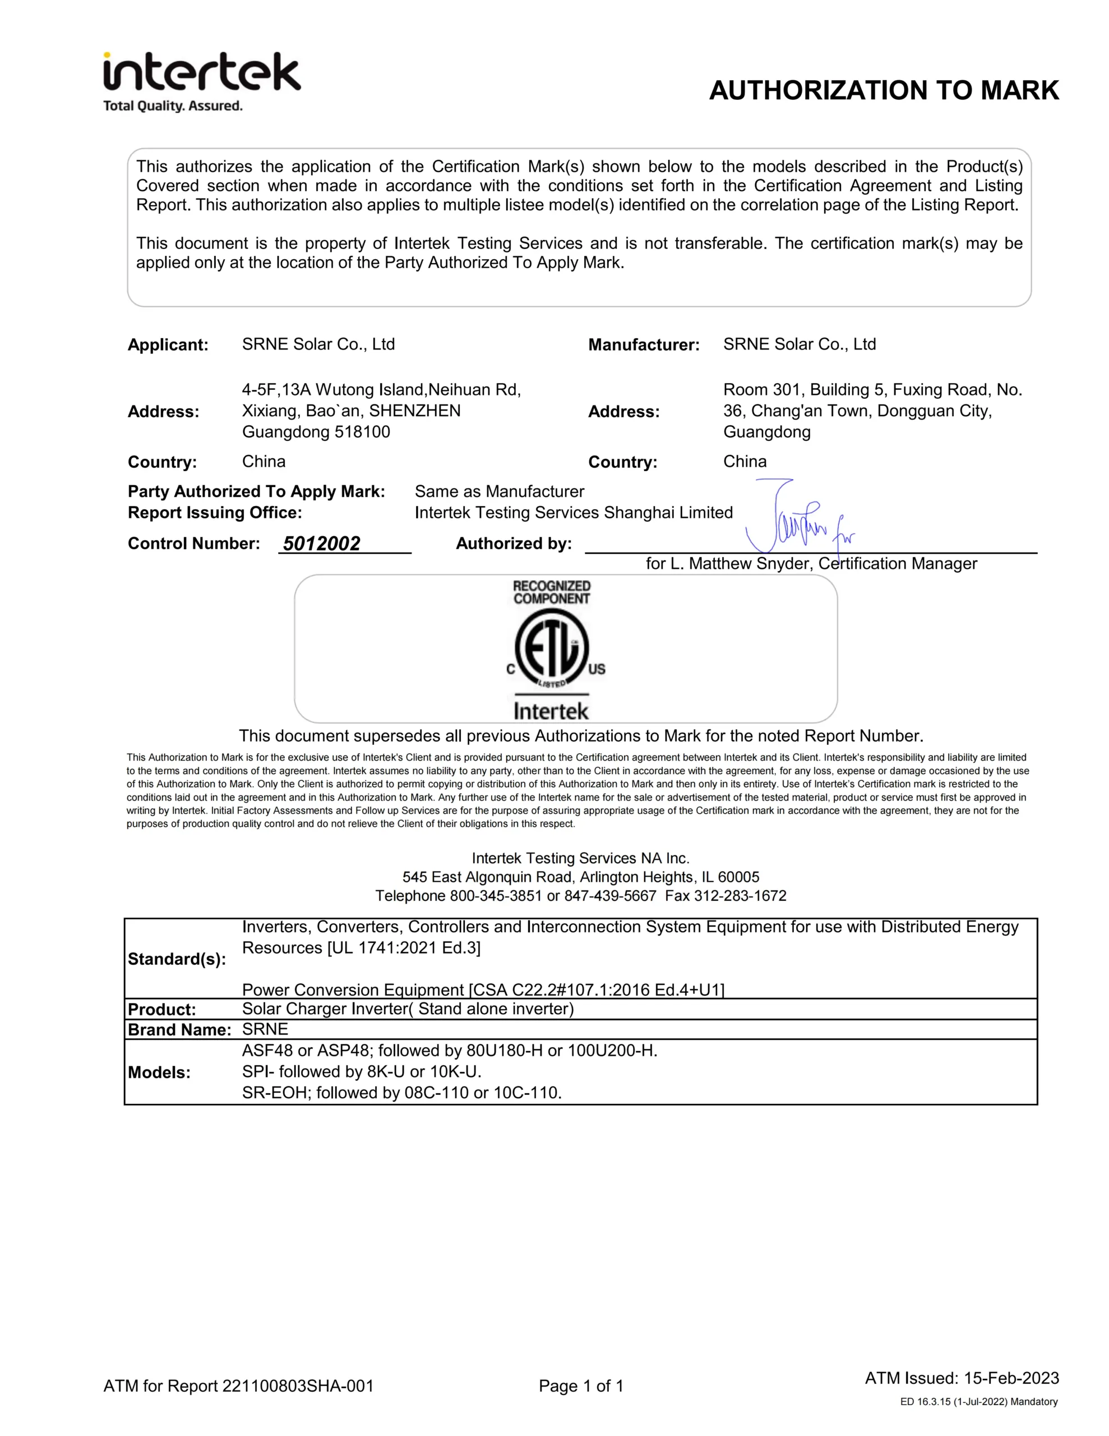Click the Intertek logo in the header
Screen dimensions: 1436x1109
click(x=202, y=72)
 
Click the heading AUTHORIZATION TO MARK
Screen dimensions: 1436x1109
click(x=884, y=91)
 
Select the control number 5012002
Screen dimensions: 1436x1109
click(x=321, y=544)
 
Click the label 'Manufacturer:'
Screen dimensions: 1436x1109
click(x=644, y=345)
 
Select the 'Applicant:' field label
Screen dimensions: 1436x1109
click(x=168, y=345)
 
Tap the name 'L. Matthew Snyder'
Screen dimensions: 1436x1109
click(x=740, y=564)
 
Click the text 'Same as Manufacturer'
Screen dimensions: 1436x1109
click(x=499, y=492)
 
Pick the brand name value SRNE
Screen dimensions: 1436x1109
click(x=265, y=1029)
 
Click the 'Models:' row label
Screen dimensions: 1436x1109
click(x=159, y=1073)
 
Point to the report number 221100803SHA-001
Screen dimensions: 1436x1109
click(x=298, y=1386)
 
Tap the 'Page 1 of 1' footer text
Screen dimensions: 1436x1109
click(x=580, y=1386)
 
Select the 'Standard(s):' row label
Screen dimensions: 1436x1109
click(x=177, y=959)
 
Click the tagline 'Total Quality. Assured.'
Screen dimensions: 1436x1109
click(x=173, y=106)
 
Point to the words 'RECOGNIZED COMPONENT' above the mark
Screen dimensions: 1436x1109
click(x=552, y=592)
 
